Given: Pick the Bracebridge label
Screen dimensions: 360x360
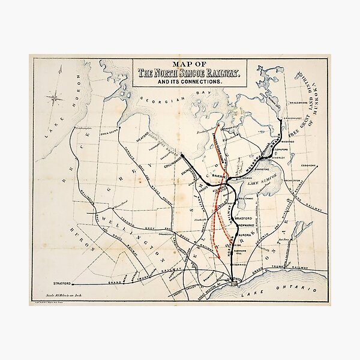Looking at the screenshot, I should [286, 111].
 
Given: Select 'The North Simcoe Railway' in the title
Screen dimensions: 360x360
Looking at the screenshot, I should [188, 73].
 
